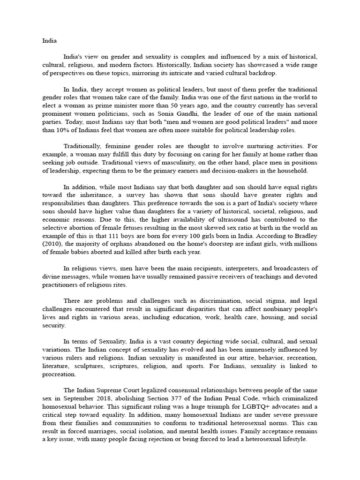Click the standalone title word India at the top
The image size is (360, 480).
tap(49, 40)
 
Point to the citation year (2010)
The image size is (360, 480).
tap(53, 244)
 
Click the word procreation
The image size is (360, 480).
tap(60, 374)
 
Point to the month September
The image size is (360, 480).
tap(81, 398)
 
